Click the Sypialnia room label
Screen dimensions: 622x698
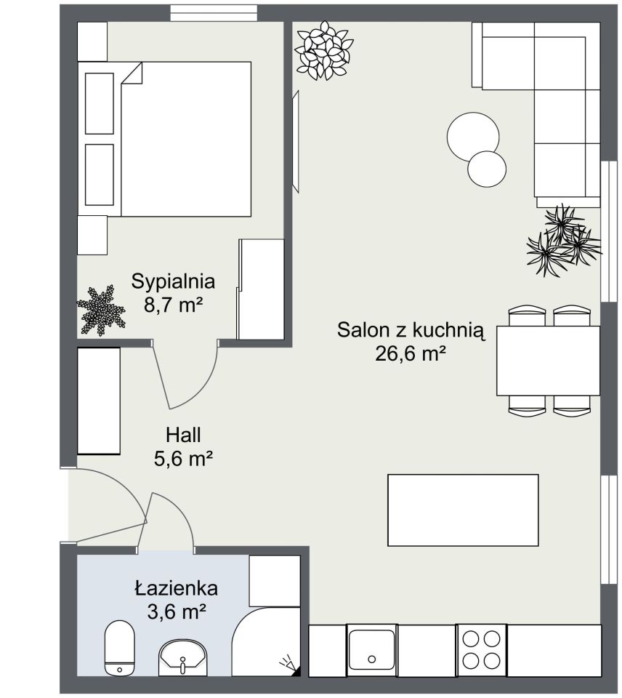pos(173,281)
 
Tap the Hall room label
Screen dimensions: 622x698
pos(183,435)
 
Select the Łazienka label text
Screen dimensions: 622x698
pos(176,588)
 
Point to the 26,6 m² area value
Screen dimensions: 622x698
pos(411,354)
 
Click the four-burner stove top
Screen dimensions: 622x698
pos(482,649)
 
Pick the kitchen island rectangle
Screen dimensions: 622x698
pos(463,510)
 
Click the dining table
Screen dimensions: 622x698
pos(548,361)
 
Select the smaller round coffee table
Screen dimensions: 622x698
pos(487,169)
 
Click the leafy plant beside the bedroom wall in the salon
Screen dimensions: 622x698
pos(324,50)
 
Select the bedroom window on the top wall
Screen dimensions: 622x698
pos(214,12)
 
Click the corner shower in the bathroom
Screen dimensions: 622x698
pos(266,642)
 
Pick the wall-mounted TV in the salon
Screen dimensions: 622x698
pos(296,142)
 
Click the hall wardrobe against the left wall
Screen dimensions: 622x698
pos(99,401)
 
